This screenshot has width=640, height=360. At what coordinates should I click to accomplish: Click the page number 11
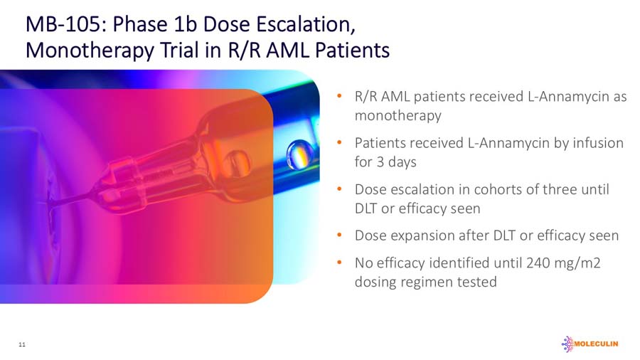click(x=22, y=344)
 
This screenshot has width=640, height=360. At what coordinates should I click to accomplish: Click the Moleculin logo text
click(x=596, y=344)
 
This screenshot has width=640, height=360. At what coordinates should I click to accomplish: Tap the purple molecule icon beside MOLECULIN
click(x=567, y=344)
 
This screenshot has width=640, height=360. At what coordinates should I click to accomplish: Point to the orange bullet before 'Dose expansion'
click(x=341, y=235)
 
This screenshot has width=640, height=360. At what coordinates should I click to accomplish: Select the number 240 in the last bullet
click(x=538, y=263)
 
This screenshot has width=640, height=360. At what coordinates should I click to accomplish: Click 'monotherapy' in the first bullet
click(x=398, y=115)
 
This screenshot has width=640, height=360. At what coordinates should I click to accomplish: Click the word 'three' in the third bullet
click(x=565, y=190)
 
